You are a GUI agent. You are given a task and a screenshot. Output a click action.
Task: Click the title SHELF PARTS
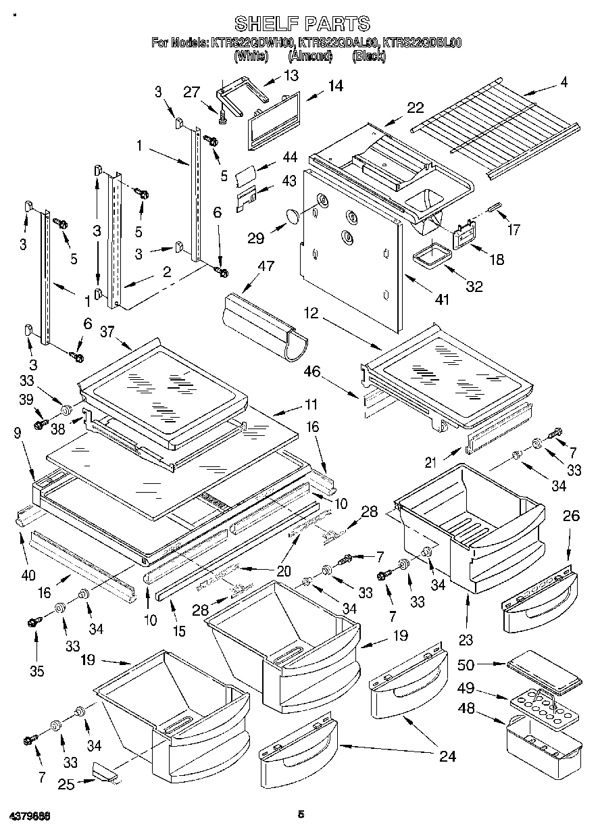(301, 24)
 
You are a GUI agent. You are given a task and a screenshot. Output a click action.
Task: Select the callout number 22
(415, 107)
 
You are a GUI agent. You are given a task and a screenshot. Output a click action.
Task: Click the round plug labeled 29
(292, 216)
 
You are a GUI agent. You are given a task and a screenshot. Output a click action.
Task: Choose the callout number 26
(571, 516)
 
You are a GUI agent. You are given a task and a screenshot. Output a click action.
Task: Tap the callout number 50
(485, 664)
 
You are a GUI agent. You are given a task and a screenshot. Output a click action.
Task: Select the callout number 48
(485, 708)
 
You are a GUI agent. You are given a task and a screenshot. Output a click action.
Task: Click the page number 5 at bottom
(301, 815)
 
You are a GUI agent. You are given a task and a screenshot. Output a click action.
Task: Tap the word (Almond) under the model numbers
(310, 57)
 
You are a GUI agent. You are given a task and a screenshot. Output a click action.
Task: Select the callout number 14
(334, 86)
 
